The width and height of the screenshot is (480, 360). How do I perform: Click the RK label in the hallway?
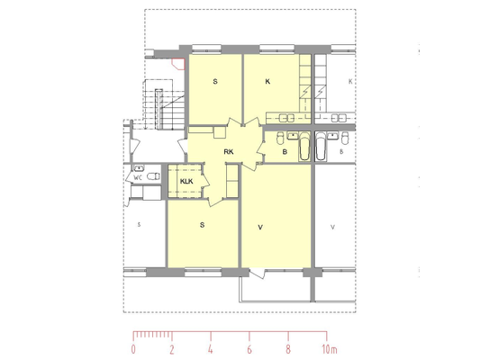pyautogui.click(x=229, y=152)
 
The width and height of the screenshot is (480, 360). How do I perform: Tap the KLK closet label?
pyautogui.click(x=186, y=182)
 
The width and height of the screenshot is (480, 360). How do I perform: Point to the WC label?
pyautogui.click(x=138, y=178)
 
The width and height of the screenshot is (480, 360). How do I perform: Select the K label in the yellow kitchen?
pyautogui.click(x=267, y=82)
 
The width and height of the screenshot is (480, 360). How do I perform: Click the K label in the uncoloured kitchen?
pyautogui.click(x=350, y=82)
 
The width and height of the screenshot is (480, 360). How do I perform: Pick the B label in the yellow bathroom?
pyautogui.click(x=285, y=152)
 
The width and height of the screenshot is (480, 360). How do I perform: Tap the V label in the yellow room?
pyautogui.click(x=260, y=228)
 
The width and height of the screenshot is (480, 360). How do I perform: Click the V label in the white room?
pyautogui.click(x=332, y=228)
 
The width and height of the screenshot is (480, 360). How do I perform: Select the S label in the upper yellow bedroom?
pyautogui.click(x=215, y=82)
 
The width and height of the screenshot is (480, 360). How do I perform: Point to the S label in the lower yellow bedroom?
pyautogui.click(x=202, y=225)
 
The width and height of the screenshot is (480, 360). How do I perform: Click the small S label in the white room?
pyautogui.click(x=139, y=225)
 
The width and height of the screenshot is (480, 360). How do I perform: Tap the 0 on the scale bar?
pyautogui.click(x=133, y=349)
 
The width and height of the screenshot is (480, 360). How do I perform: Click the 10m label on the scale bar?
pyautogui.click(x=330, y=349)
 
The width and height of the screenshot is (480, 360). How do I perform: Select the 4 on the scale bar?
pyautogui.click(x=211, y=349)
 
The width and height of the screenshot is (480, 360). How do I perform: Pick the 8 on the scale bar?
pyautogui.click(x=288, y=349)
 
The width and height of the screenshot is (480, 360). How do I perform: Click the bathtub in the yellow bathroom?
pyautogui.click(x=304, y=147)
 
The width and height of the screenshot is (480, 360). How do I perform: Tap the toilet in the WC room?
pyautogui.click(x=153, y=176)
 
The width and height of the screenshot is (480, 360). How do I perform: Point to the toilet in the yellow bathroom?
pyautogui.click(x=280, y=138)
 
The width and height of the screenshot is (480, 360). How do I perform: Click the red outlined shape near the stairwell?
pyautogui.click(x=178, y=64)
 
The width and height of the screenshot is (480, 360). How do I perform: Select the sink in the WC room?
pyautogui.click(x=139, y=168)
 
